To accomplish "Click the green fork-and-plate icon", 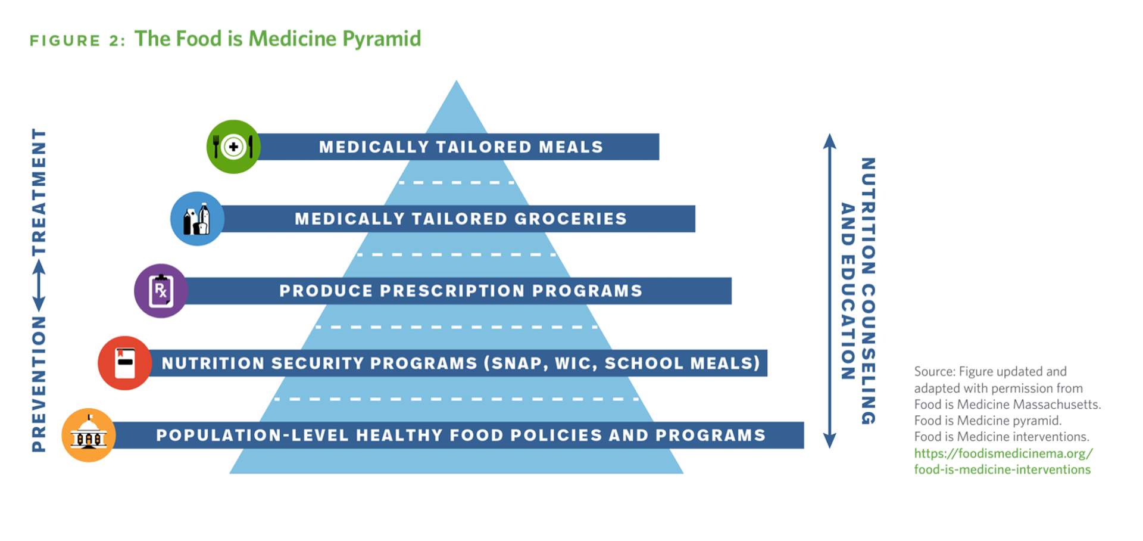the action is (233, 147).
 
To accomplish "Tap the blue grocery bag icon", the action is (197, 219).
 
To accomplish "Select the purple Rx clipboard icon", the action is (161, 291).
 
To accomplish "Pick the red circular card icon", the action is (125, 363).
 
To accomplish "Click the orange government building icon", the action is (89, 435).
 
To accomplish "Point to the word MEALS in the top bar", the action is (571, 147).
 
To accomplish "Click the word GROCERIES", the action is (570, 219).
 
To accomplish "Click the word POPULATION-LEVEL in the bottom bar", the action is (252, 436).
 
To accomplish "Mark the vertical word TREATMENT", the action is (39, 192).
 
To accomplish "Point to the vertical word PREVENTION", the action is (39, 384).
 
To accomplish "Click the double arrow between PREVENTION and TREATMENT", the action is (39, 286).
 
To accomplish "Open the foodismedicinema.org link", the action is (1003, 461).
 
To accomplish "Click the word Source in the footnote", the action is (933, 372).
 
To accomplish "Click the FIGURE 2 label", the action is (77, 41).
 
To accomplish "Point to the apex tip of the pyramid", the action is (457, 80).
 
